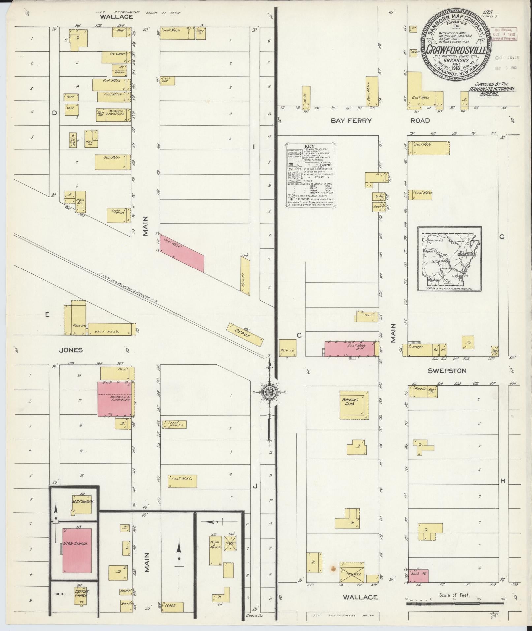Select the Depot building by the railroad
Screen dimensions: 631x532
click(x=244, y=334)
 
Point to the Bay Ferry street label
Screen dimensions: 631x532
click(x=351, y=121)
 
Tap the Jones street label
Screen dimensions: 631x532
click(x=71, y=350)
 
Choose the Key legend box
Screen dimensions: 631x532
click(x=311, y=175)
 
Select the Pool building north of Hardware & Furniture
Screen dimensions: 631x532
click(x=116, y=373)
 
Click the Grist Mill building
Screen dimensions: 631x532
click(x=167, y=81)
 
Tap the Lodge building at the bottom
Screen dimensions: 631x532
click(x=172, y=606)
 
